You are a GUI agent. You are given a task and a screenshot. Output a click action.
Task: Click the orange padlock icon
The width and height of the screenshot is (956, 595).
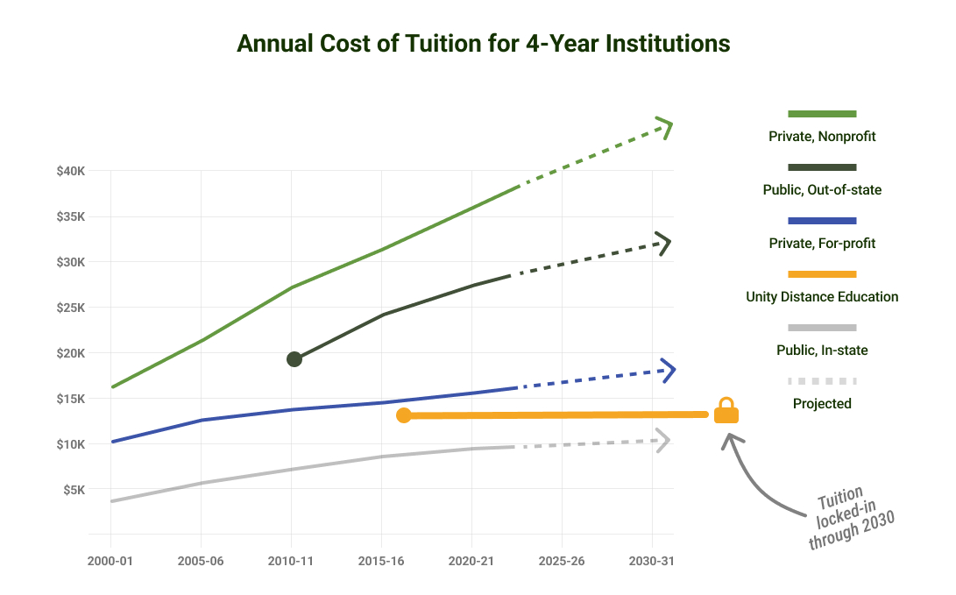tap(726, 410)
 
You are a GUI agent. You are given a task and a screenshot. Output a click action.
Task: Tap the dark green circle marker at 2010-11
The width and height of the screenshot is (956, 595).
tap(294, 358)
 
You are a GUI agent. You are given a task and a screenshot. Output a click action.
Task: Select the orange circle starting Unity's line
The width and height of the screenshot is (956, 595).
tap(403, 415)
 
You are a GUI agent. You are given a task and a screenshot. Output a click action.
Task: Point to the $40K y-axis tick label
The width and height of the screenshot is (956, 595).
tap(70, 171)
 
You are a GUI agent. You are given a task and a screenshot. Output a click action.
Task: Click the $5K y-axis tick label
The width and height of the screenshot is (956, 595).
tap(74, 490)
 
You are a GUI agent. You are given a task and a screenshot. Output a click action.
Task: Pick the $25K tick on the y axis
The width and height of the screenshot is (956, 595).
tap(70, 308)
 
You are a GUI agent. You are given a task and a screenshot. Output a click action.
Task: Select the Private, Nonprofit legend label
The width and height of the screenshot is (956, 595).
tap(822, 137)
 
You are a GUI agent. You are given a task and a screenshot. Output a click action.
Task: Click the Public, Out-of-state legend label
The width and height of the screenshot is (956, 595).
tap(822, 190)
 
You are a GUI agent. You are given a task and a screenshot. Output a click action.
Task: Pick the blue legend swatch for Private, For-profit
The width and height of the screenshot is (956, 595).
tap(822, 220)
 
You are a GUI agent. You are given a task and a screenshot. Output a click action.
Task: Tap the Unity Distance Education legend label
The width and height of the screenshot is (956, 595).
tap(822, 297)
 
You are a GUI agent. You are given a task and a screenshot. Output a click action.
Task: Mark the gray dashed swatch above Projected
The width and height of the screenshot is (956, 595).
tap(822, 381)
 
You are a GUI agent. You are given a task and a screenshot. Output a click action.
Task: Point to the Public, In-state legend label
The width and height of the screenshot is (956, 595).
tap(822, 351)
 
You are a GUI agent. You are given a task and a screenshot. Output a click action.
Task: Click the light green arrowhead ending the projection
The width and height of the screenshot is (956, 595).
tap(666, 128)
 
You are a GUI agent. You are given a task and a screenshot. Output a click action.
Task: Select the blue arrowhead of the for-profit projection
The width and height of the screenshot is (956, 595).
tap(669, 371)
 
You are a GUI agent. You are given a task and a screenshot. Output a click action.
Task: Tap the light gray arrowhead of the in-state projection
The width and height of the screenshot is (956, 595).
tap(663, 440)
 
